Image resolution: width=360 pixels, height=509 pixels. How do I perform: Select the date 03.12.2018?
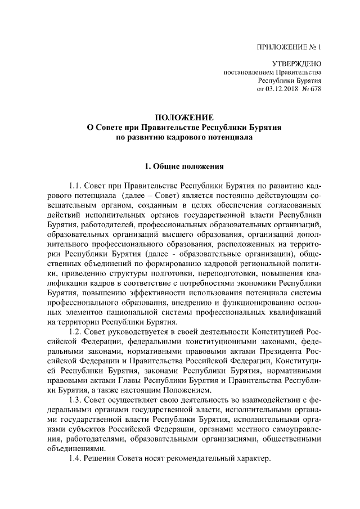click(280, 89)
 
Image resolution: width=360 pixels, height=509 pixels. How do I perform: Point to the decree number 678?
click(314, 89)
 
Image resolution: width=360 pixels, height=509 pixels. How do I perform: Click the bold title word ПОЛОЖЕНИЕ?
click(184, 118)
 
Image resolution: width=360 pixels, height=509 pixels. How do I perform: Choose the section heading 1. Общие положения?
click(184, 166)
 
